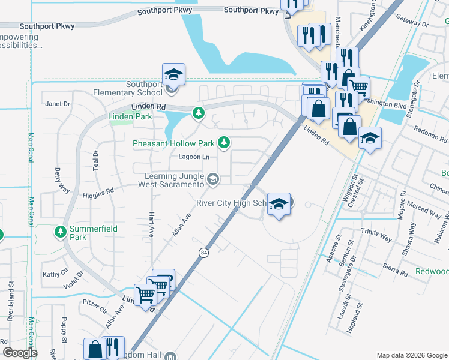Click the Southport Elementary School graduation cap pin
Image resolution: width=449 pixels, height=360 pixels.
coord(173,75)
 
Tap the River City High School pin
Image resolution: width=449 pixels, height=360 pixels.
coord(279,205)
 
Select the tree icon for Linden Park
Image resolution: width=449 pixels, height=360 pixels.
coord(198,112)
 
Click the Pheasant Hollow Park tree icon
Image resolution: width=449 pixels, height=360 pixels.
coord(223,142)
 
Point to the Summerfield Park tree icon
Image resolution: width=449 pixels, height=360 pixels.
coord(60,231)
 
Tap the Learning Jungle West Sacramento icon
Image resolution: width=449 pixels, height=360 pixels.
coord(212,179)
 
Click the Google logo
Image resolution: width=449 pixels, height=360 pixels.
coord(20,353)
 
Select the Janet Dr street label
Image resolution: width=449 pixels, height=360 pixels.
coord(58,104)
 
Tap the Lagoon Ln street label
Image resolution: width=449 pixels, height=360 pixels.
coord(194,157)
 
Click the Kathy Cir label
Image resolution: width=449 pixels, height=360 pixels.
coord(55,274)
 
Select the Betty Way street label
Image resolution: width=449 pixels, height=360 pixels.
coord(58,178)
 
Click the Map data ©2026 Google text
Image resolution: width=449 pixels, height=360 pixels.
coord(411,355)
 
